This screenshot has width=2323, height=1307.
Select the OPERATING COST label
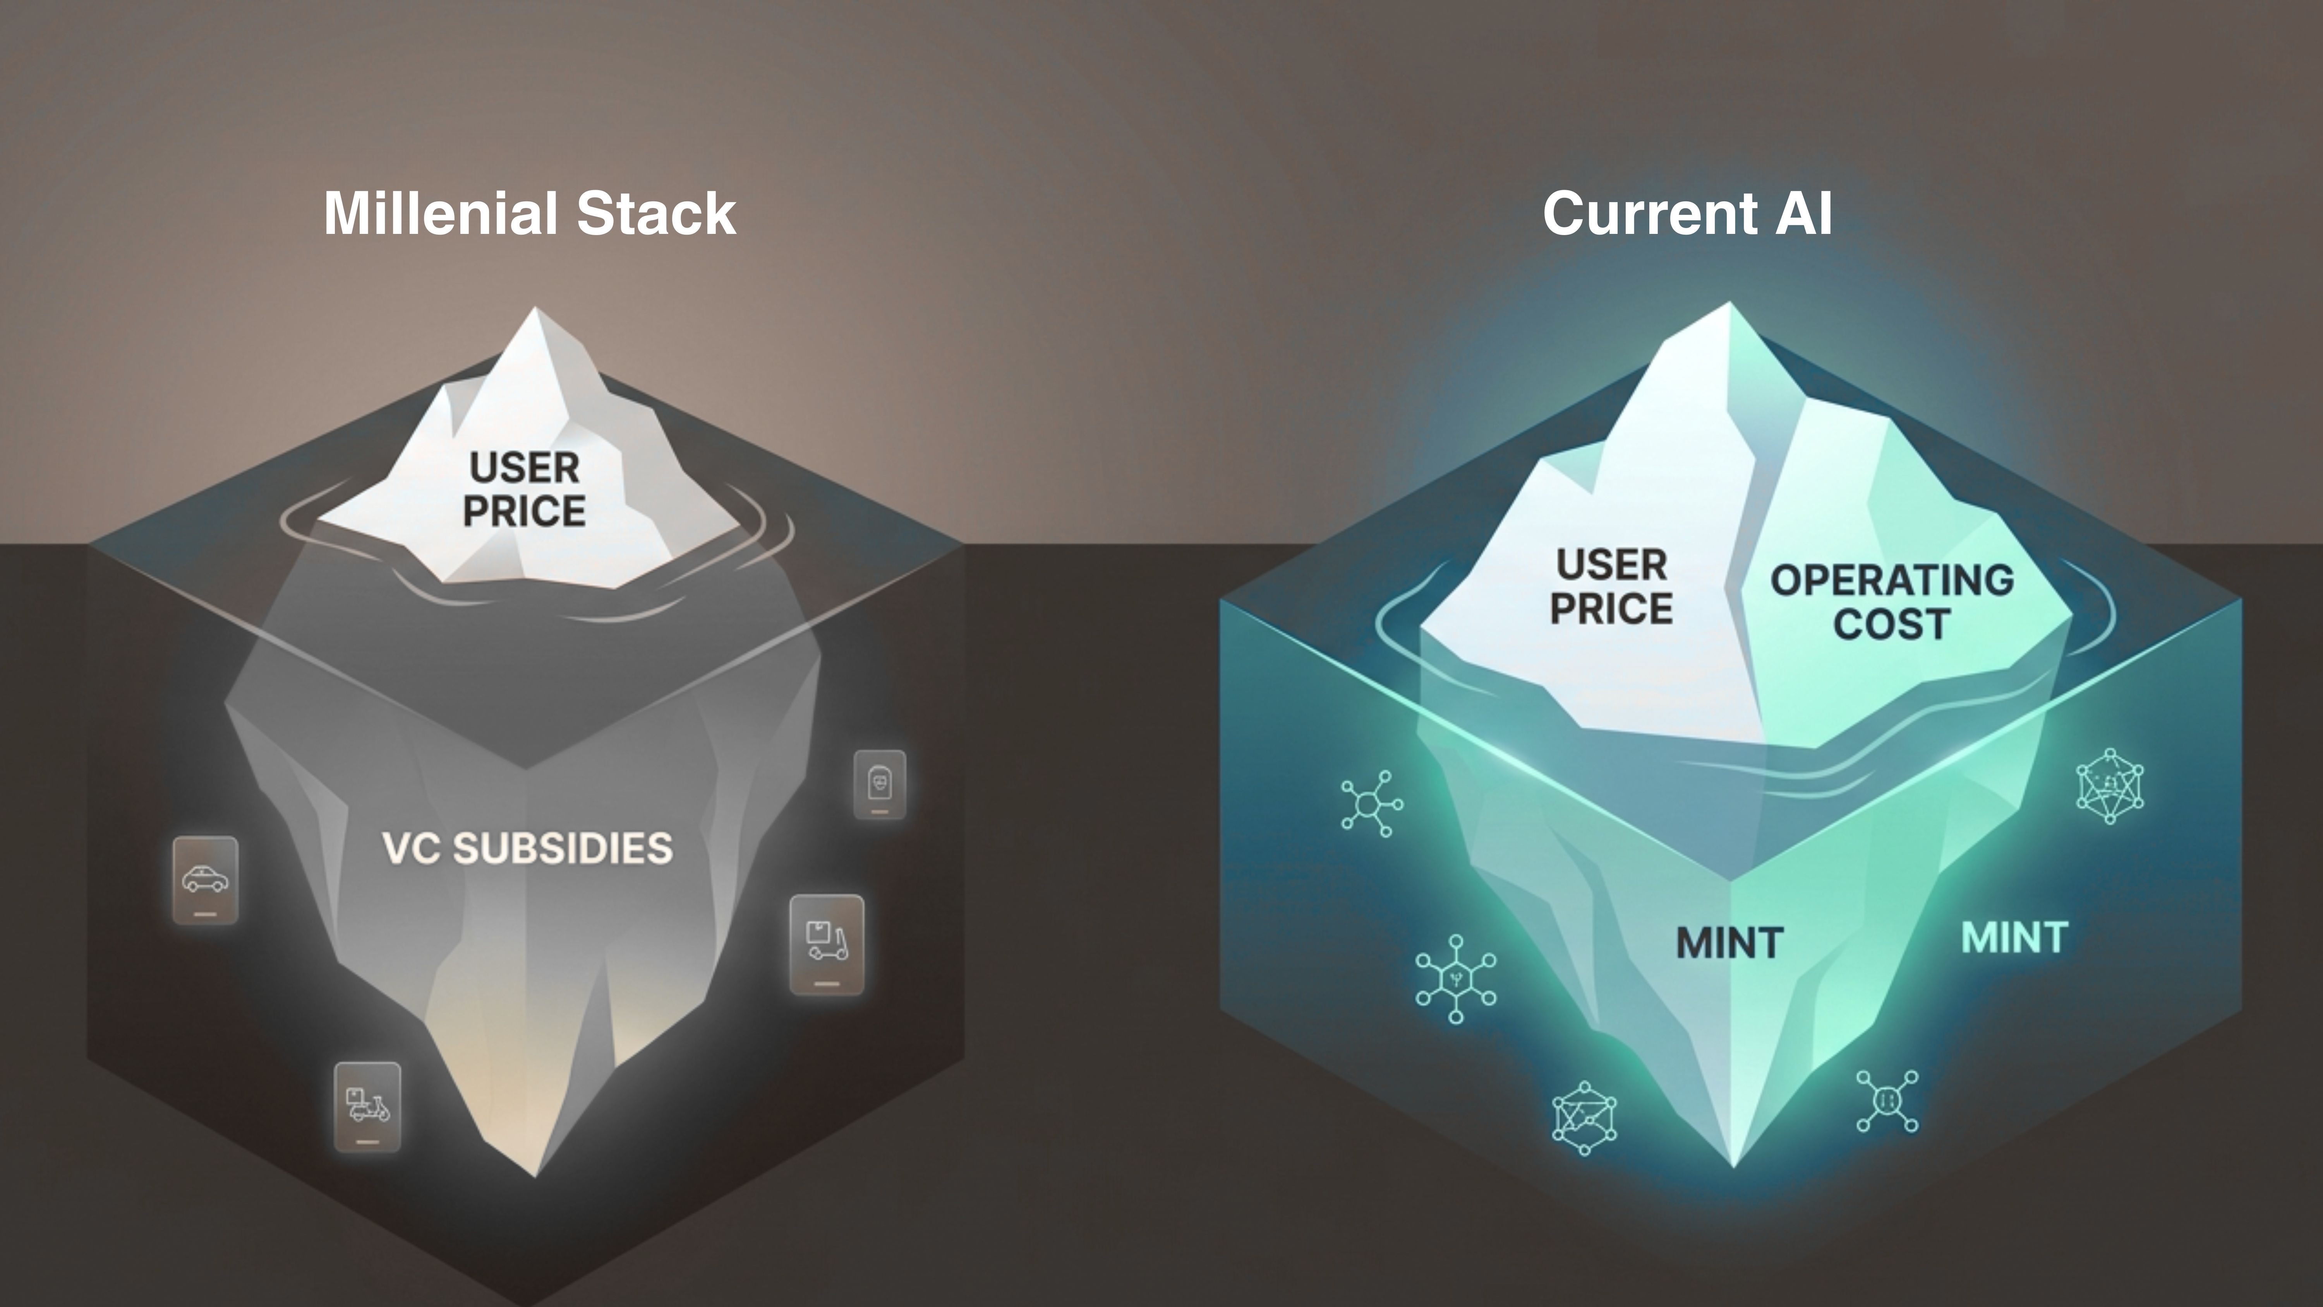1892,602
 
